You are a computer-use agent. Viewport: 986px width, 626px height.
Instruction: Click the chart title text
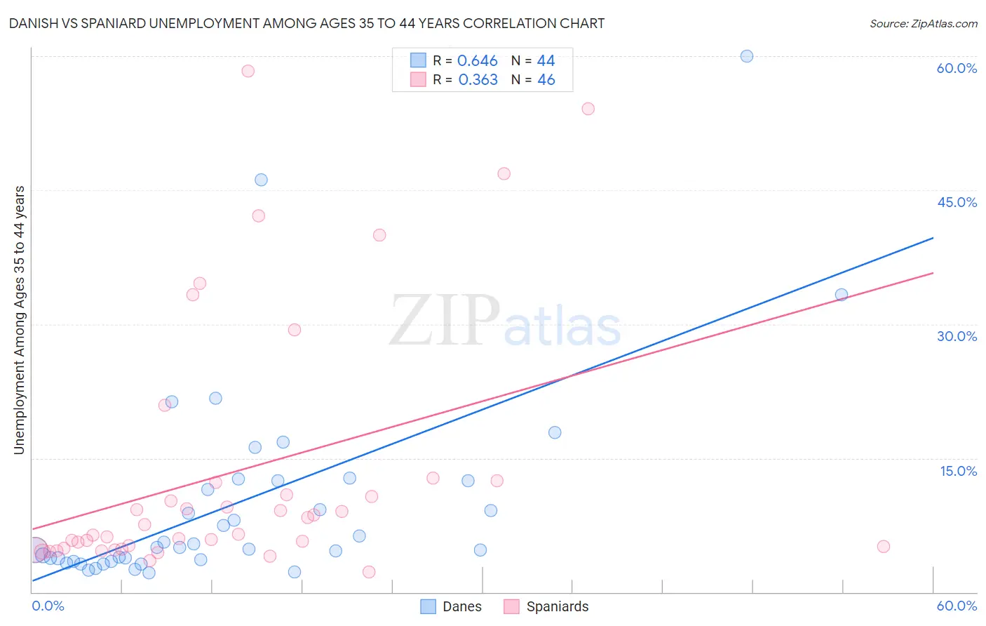coord(306,23)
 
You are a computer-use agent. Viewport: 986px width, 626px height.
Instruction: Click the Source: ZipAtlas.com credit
coord(923,23)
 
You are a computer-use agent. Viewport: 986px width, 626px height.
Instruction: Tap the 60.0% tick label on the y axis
coord(957,68)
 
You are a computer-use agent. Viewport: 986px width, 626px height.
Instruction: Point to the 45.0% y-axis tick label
coord(957,202)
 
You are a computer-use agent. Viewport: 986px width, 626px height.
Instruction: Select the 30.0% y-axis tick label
coord(957,336)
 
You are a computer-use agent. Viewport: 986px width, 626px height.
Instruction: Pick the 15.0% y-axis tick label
coord(958,471)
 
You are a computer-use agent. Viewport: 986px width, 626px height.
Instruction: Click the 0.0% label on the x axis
coord(48,606)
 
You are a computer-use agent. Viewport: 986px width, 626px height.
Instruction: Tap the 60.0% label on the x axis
coord(957,606)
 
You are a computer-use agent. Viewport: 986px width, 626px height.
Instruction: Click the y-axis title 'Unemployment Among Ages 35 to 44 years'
coord(20,320)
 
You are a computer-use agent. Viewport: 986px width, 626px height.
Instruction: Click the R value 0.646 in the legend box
coord(477,61)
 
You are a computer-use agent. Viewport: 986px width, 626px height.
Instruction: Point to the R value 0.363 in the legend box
coord(478,80)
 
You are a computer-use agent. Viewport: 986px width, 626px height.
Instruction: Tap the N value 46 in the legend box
coord(546,80)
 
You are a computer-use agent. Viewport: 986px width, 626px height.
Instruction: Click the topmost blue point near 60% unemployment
coord(747,56)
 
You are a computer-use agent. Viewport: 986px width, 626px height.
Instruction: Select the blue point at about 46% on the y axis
coord(261,180)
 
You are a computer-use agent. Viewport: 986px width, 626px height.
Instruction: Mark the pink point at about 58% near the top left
coord(248,71)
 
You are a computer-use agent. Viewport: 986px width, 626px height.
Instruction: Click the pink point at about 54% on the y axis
coord(588,109)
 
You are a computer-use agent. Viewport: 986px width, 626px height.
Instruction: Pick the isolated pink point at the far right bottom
coord(883,547)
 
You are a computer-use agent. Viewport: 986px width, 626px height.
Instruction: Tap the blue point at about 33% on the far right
coord(841,295)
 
